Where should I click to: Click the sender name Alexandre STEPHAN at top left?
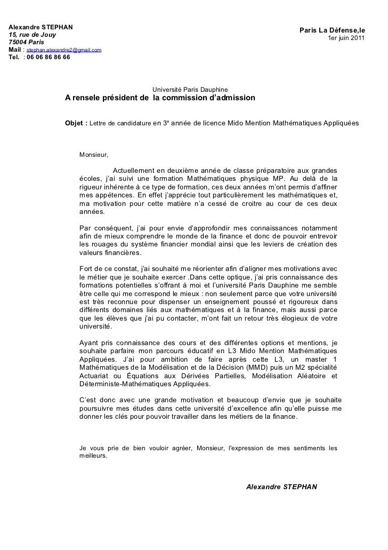tap(41, 27)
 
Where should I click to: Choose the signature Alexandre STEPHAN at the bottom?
tap(282, 487)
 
